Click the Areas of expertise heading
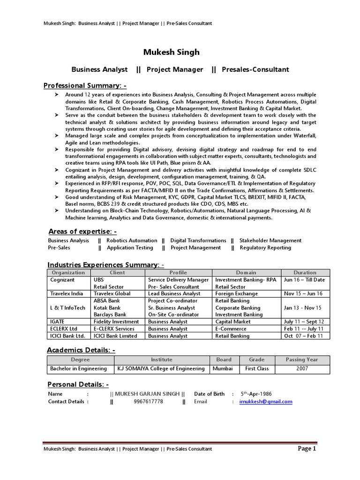[x=82, y=232]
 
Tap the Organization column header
[x=68, y=272]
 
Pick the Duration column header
[x=305, y=272]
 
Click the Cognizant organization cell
[x=62, y=280]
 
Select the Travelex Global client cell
[x=112, y=293]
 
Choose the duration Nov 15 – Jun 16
[x=303, y=293]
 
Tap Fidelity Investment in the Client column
[x=116, y=322]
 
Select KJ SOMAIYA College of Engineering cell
[x=161, y=368]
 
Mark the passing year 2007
[x=302, y=368]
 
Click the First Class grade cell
[x=256, y=368]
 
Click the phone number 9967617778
[x=148, y=402]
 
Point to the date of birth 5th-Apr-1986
[x=256, y=394]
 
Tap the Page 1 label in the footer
[x=307, y=449]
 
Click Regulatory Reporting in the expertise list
[x=265, y=247]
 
